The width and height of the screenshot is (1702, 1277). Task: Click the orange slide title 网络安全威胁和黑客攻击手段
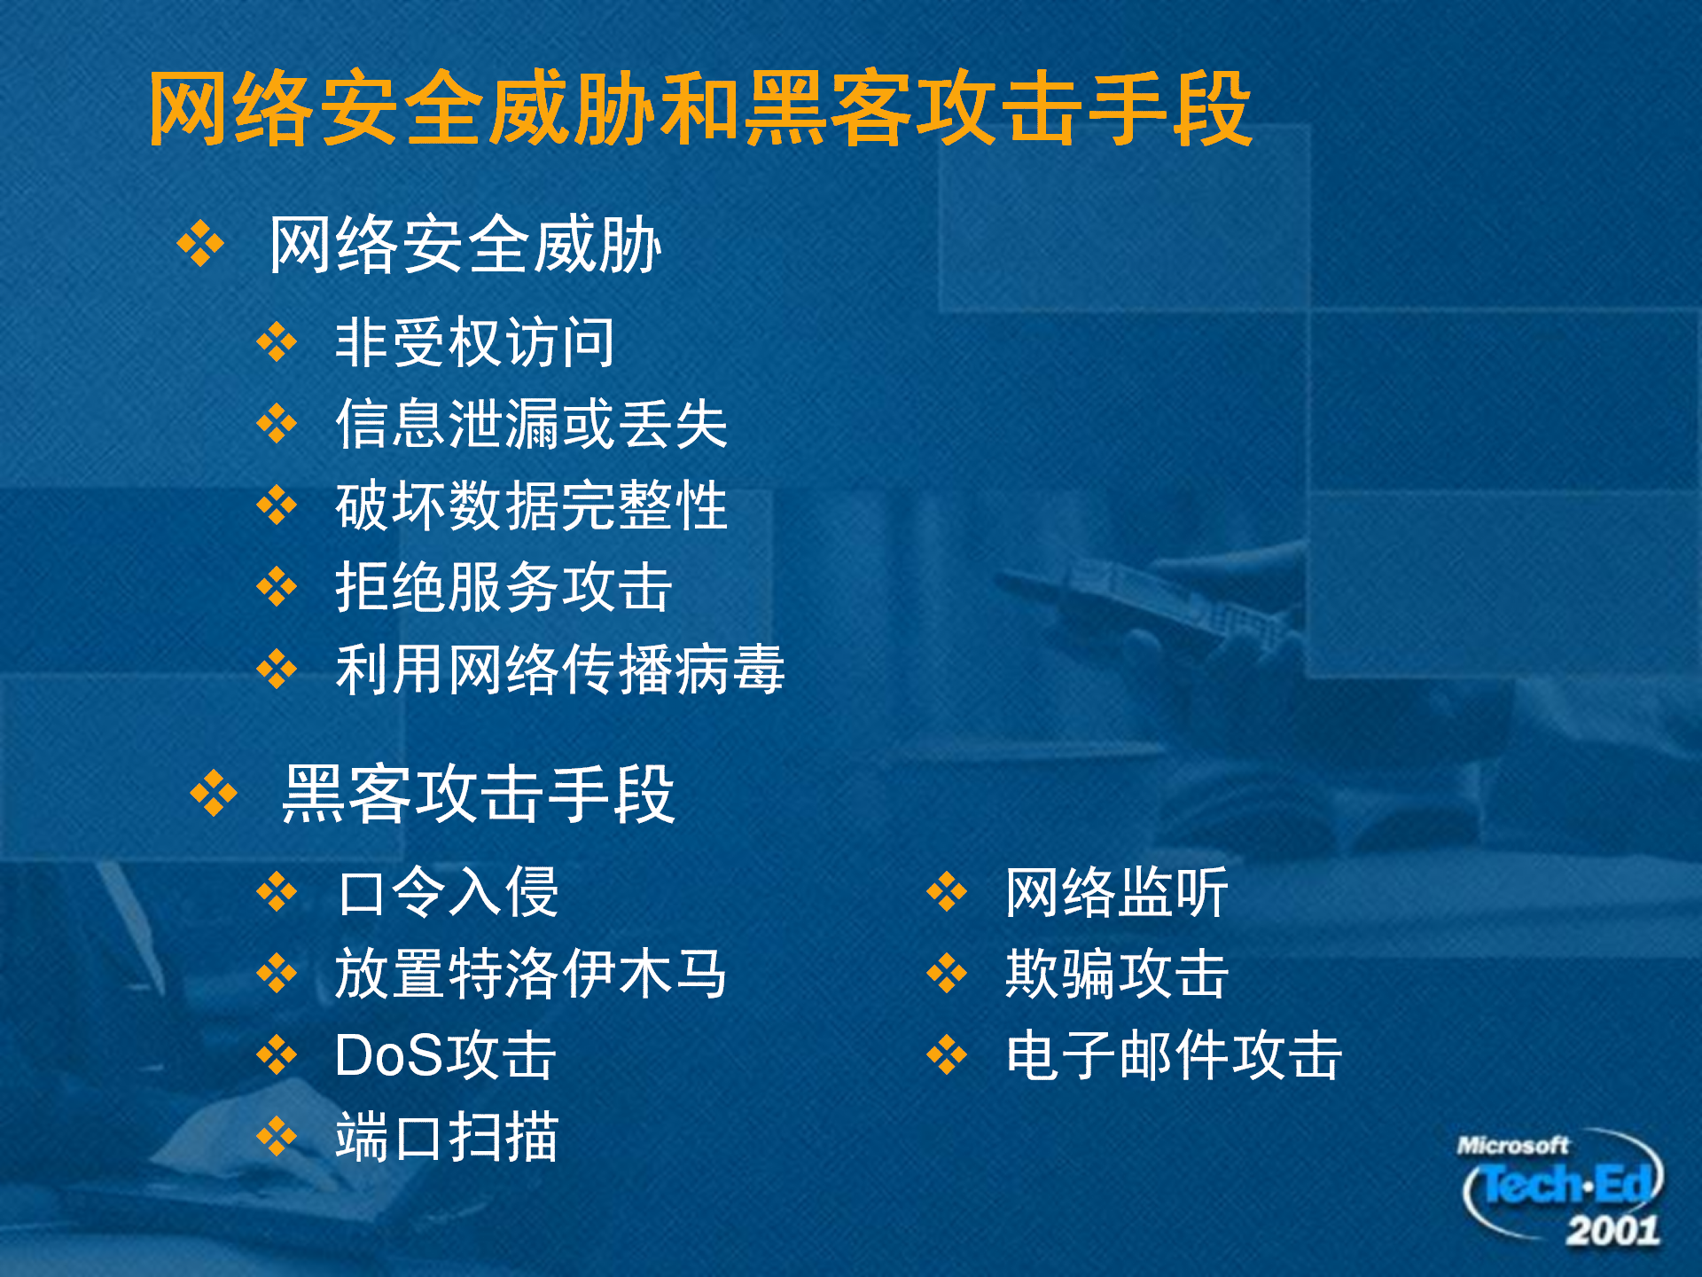pos(700,108)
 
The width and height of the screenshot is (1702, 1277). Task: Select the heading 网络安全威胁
pos(465,245)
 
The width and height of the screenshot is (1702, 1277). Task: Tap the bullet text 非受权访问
pos(475,342)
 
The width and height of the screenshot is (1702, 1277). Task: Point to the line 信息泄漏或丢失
pos(532,424)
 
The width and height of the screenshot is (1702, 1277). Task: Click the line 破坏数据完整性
pos(532,505)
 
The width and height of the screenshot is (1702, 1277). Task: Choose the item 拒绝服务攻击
pos(504,587)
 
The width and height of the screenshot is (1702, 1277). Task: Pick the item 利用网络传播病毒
pos(560,669)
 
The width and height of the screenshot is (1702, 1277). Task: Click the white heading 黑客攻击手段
pos(479,795)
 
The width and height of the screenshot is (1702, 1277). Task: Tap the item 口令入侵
pos(448,892)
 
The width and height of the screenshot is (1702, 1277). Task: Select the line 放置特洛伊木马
pos(532,974)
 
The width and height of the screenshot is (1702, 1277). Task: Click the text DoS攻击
pos(446,1055)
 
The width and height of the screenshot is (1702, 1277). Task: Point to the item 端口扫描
pos(448,1137)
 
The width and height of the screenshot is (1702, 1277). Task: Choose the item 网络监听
pos(1117,892)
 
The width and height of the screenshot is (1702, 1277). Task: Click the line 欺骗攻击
pos(1117,974)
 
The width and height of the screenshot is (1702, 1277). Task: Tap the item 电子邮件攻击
pos(1174,1055)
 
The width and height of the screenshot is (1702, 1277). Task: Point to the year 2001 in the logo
pos(1612,1231)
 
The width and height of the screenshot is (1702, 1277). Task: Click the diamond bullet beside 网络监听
pos(947,892)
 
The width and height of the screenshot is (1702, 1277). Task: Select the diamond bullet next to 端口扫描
pos(277,1137)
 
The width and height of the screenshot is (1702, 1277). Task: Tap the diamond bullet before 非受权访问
pos(277,342)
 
